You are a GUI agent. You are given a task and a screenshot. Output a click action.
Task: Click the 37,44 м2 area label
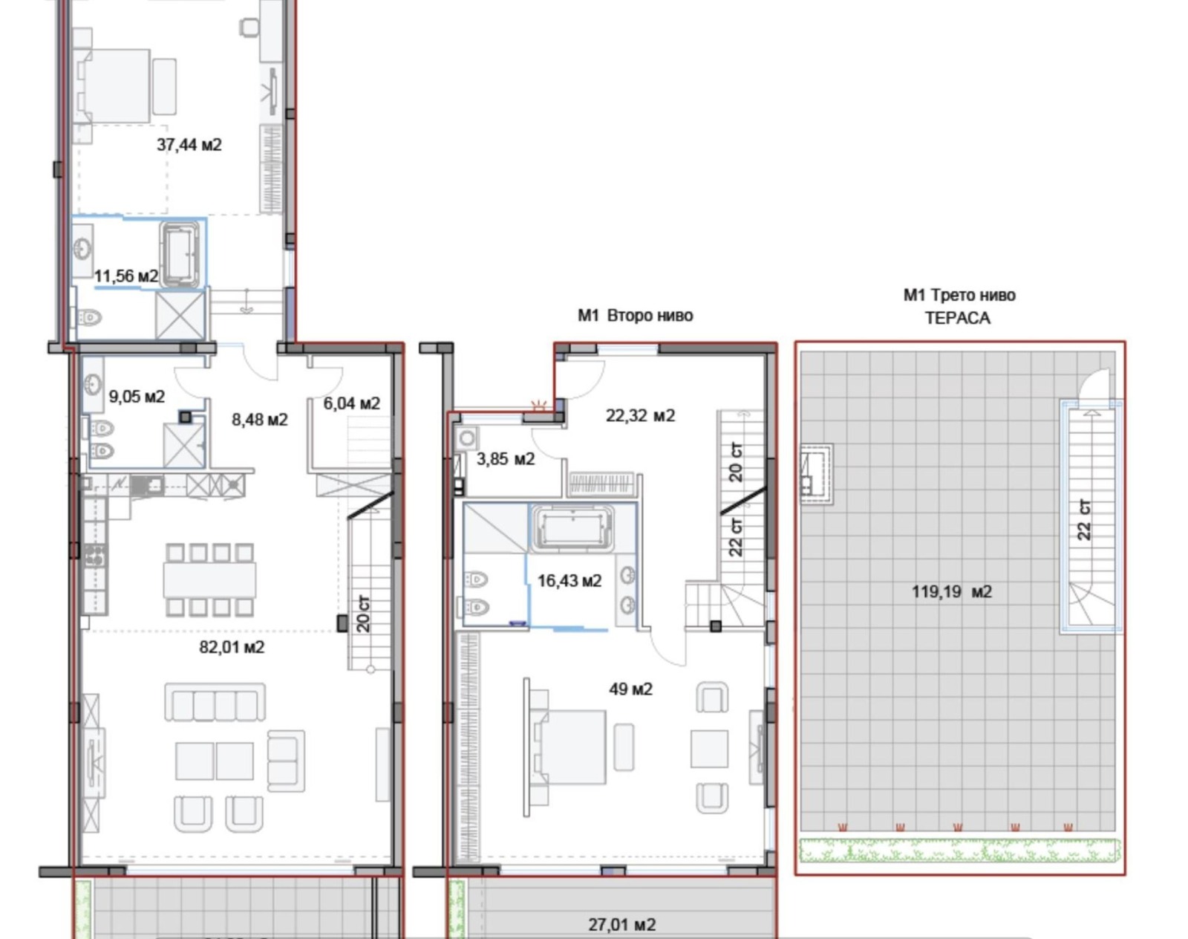189,145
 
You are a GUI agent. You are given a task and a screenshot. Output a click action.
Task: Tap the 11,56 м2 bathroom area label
126,276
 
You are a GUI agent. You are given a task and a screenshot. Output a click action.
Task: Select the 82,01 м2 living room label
232,647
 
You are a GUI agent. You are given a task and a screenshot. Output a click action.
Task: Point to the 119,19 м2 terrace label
952,592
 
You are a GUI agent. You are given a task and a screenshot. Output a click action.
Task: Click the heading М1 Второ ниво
636,316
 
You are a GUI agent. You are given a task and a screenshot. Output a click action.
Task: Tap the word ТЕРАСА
958,318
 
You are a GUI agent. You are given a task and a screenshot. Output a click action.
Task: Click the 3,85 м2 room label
506,459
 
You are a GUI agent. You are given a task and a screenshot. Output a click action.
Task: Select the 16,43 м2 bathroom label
569,580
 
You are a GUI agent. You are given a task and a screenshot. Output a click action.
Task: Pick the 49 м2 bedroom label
631,689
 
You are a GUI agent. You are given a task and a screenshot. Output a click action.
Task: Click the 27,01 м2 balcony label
622,925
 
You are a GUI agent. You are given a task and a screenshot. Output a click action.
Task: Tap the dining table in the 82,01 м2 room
210,579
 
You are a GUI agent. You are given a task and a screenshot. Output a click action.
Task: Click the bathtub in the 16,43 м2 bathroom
572,528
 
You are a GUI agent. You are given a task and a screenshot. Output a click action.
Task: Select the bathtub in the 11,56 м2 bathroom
180,255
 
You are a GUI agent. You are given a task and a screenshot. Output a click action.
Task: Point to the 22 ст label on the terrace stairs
1084,520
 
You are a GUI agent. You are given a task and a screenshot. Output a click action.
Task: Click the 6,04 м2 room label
352,404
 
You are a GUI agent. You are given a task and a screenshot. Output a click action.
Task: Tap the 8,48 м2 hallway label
259,420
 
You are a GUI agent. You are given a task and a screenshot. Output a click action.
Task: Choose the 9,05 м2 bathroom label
137,397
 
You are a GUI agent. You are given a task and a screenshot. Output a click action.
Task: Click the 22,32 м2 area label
640,415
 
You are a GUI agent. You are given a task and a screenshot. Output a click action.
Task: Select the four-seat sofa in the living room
215,703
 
